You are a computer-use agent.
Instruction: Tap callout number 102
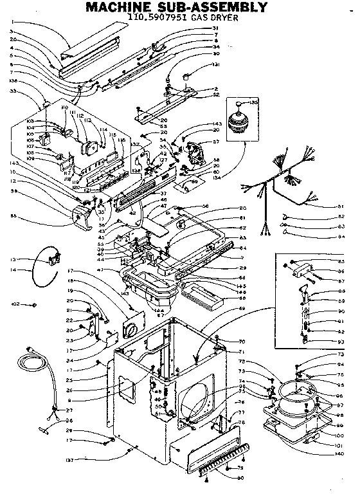pyautogui.click(x=17, y=304)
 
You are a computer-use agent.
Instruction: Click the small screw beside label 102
pyautogui.click(x=33, y=304)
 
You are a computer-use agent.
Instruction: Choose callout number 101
pyautogui.click(x=339, y=445)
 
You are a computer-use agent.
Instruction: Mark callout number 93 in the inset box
pyautogui.click(x=340, y=341)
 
